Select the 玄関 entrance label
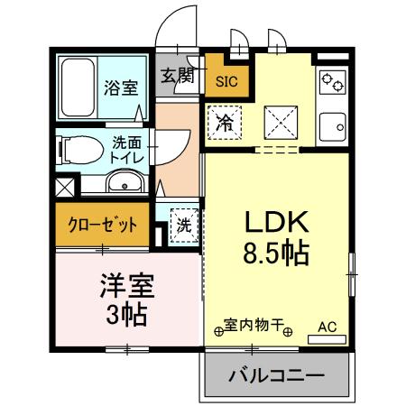click(177, 76)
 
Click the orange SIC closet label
click(226, 81)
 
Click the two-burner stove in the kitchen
click(331, 83)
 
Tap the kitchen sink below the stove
click(333, 125)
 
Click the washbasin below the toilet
click(123, 185)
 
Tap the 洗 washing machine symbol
click(183, 224)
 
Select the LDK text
click(275, 221)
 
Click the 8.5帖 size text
click(275, 253)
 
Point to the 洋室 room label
click(126, 288)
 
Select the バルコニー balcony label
click(275, 374)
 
